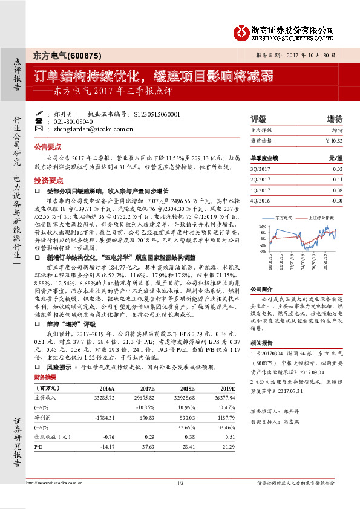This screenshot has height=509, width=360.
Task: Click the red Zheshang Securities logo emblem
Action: tap(243, 31)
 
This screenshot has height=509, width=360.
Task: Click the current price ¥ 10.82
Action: tap(333, 140)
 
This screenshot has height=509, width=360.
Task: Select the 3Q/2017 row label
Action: tap(261, 170)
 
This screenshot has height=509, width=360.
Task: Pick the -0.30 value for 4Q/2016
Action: tap(336, 199)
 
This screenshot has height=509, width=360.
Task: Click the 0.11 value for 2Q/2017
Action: tap(338, 180)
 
